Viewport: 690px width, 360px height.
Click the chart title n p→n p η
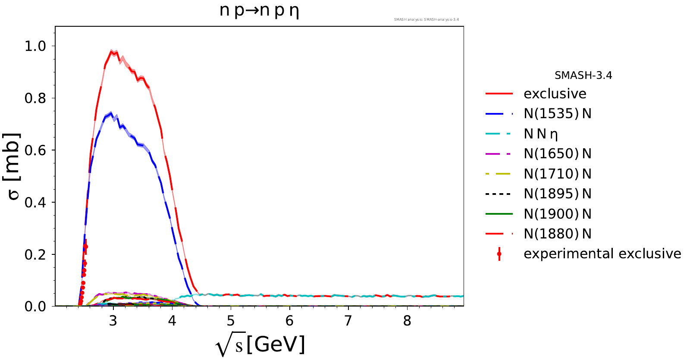click(x=259, y=11)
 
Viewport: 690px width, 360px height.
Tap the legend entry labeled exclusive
click(x=555, y=94)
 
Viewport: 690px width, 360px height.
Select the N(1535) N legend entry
click(x=558, y=114)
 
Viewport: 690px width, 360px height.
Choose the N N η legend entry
click(x=541, y=134)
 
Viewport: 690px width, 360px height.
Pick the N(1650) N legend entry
click(x=558, y=153)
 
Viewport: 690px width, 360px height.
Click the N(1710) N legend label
click(x=558, y=174)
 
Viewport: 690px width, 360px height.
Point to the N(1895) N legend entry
click(x=558, y=194)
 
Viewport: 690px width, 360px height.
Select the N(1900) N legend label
click(x=558, y=214)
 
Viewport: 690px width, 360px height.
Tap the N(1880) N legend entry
click(x=558, y=234)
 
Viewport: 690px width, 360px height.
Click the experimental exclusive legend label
click(x=602, y=254)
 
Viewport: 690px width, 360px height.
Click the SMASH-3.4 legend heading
click(x=583, y=75)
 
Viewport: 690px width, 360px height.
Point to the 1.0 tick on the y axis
click(x=35, y=46)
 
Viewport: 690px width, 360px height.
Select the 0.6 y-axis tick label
click(x=35, y=150)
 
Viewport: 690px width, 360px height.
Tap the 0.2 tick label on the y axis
click(x=35, y=254)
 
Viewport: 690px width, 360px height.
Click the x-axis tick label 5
click(x=231, y=321)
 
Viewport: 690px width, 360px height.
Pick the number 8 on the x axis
click(x=407, y=321)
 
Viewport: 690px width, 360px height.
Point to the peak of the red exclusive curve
click(x=112, y=51)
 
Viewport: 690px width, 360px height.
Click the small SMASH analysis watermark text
click(x=427, y=19)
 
